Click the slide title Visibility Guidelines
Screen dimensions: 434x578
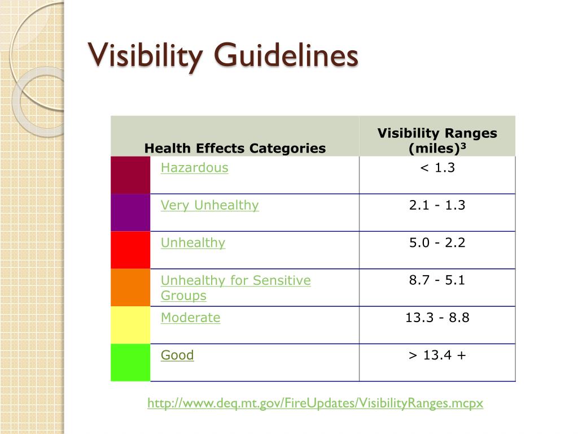click(224, 57)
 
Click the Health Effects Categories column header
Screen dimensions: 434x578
click(235, 149)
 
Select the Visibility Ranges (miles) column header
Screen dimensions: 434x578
click(437, 141)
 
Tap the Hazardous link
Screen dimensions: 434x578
click(194, 168)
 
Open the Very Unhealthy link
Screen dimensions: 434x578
click(209, 205)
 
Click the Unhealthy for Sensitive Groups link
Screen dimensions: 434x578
click(235, 288)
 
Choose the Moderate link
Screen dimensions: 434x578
click(190, 318)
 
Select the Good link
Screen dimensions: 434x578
click(177, 355)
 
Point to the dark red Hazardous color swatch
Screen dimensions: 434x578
click(130, 175)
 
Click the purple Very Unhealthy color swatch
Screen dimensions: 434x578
click(130, 212)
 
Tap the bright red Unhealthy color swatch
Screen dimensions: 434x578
click(130, 250)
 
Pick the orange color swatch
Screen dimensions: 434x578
click(130, 288)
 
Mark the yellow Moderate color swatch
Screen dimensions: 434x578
click(130, 325)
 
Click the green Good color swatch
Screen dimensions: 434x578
click(130, 362)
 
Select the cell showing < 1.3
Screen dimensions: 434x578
click(437, 168)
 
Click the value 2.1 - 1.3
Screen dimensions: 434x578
click(437, 205)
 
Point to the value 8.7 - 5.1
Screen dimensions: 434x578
click(437, 280)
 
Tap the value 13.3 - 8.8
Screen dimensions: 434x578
click(437, 318)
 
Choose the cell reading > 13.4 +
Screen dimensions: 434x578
click(437, 355)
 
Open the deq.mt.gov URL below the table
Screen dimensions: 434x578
click(315, 403)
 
